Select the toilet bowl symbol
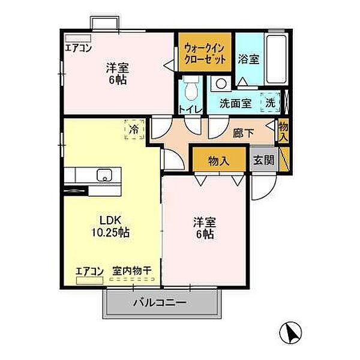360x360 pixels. [191, 91]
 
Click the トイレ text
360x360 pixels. [190, 109]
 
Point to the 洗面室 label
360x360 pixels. [235, 103]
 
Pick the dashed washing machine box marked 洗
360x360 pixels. [271, 103]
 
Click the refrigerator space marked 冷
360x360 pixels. [134, 128]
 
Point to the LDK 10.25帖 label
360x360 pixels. [109, 226]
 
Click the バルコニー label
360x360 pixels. [160, 302]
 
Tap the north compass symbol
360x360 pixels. [290, 331]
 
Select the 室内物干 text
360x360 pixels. [132, 271]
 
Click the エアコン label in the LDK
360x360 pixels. [90, 271]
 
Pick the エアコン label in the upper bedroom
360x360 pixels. [78, 49]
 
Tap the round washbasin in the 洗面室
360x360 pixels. [221, 83]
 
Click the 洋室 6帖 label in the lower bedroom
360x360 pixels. [205, 227]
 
